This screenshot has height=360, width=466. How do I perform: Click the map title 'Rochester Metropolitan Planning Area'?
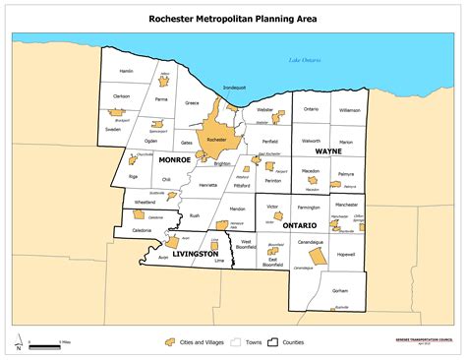(x=232, y=17)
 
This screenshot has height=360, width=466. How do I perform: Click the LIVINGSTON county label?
(x=195, y=254)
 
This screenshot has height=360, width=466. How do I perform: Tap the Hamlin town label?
(x=126, y=72)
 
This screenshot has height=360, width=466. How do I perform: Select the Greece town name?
(x=194, y=103)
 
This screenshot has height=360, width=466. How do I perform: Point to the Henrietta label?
(x=207, y=185)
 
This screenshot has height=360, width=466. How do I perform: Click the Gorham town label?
(x=340, y=292)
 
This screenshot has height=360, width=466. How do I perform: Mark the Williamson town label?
(x=350, y=110)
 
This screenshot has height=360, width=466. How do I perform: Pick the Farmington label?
(x=309, y=208)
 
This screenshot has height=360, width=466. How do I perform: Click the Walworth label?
(x=312, y=140)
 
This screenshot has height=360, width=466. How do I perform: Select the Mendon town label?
(x=237, y=210)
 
